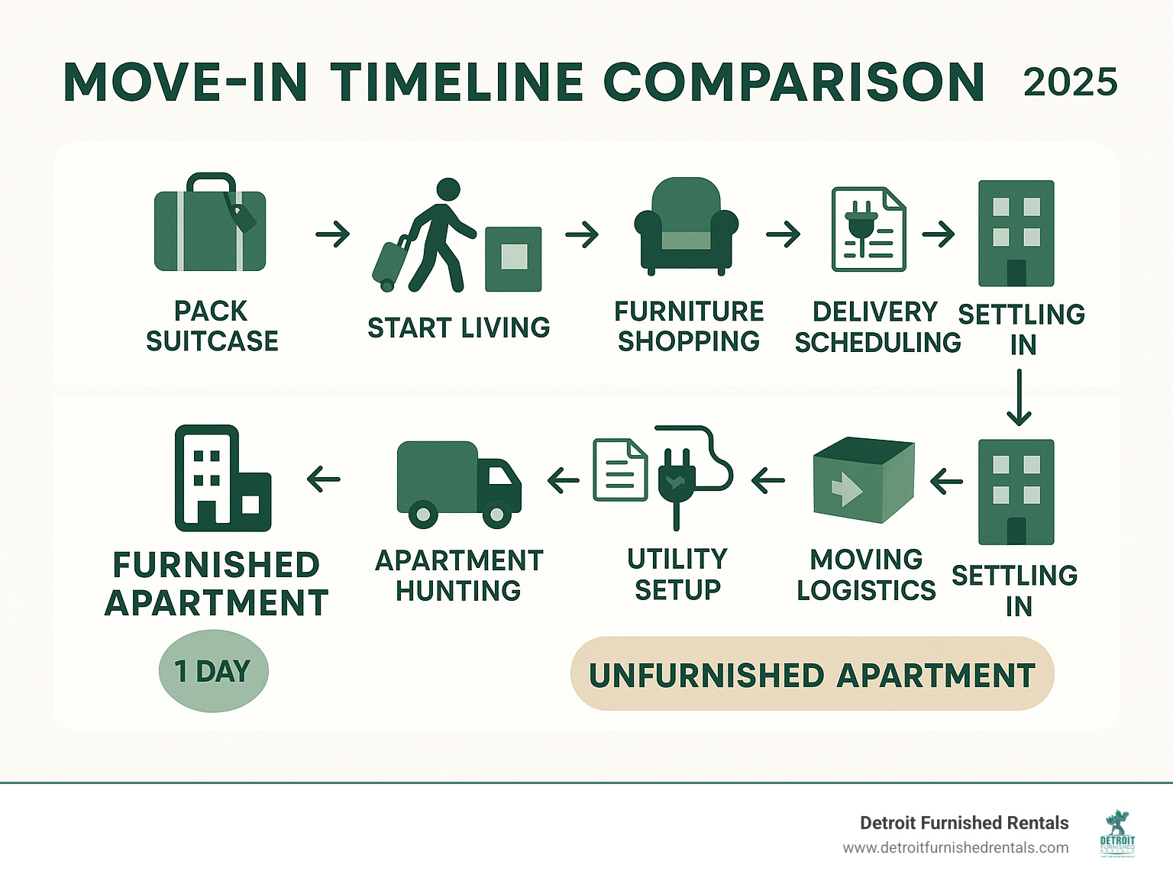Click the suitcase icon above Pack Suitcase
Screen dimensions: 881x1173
coord(210,226)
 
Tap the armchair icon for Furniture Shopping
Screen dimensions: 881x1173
coord(686,227)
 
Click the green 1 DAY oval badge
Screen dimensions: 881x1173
coord(213,671)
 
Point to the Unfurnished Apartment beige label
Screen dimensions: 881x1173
coord(812,674)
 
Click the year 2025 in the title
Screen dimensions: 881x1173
coord(1070,82)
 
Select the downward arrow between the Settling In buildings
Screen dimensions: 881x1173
coord(1019,398)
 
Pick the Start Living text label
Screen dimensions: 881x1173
coord(458,328)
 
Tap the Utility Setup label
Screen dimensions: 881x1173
coord(677,574)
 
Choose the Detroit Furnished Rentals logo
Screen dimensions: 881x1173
coord(1117,834)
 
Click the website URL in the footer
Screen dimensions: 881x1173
coord(955,847)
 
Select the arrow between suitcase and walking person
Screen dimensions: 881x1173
coord(333,234)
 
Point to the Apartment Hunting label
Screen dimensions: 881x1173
coord(458,575)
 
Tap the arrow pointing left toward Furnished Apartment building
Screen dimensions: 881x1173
coord(324,479)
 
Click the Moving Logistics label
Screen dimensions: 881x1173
coord(866,575)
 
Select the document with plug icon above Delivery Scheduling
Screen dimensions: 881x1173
coord(868,229)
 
